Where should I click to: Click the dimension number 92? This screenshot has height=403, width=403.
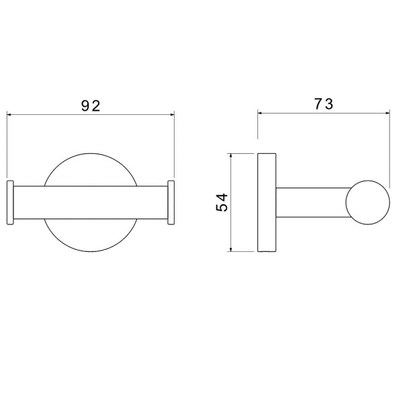click(91, 106)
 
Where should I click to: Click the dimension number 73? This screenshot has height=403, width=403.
click(324, 104)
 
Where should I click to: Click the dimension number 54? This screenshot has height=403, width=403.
click(222, 203)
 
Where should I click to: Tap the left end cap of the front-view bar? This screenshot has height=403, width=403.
click(10, 203)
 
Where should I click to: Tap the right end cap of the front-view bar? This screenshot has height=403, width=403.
click(171, 203)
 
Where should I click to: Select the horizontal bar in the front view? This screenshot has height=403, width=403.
click(91, 203)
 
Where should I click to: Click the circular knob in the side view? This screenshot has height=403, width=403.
click(367, 203)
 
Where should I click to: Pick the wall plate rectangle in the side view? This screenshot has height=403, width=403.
click(267, 203)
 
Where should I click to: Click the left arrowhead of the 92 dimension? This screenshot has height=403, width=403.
click(9, 114)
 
